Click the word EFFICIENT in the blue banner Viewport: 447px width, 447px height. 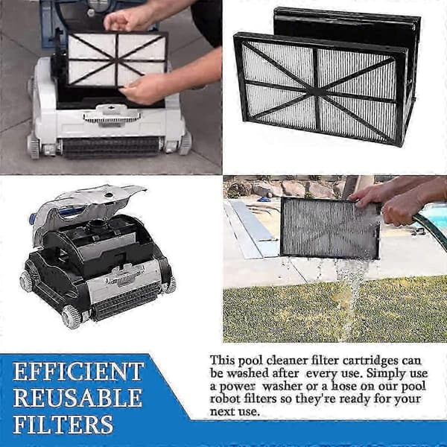(78, 372)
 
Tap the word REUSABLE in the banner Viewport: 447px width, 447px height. (77, 398)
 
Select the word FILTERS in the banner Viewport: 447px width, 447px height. (63, 424)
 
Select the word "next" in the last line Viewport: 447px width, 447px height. (221, 412)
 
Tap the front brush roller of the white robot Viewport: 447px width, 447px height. (111, 148)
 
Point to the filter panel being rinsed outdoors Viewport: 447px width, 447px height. (330, 229)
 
